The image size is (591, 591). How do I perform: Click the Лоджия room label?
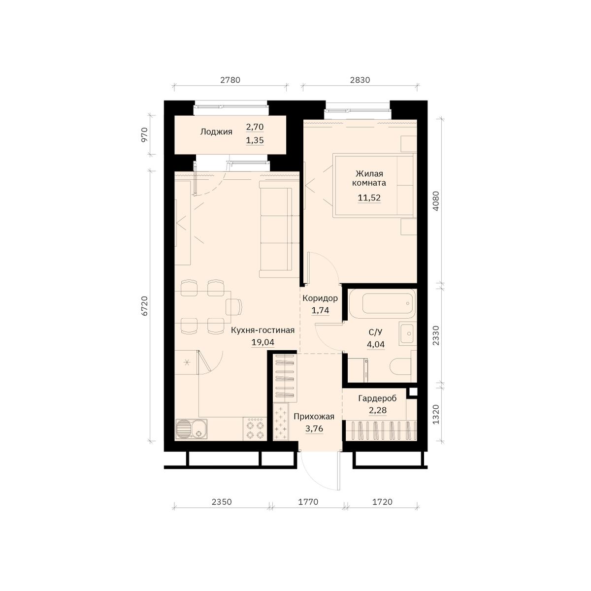point(216,132)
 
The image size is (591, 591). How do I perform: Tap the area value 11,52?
point(369,198)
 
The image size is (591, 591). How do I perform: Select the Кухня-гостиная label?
point(263,330)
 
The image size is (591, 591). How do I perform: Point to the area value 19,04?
point(263,342)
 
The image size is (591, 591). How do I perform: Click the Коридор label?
point(320,298)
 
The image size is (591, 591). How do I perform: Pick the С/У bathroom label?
point(375,332)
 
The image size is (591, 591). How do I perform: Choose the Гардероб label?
point(377,398)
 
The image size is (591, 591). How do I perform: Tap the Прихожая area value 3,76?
point(314,428)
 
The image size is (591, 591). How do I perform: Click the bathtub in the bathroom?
point(388,303)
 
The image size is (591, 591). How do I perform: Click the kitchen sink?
point(191,429)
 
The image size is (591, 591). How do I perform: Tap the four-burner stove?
point(255,429)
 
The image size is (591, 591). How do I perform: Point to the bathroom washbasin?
point(408,333)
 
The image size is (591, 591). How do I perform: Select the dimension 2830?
point(360,80)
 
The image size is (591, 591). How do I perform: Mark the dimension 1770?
point(308,502)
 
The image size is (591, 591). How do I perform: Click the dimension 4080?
point(436,201)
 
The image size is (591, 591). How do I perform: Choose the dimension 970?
point(144,134)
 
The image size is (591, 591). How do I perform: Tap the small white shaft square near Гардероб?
point(413,392)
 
